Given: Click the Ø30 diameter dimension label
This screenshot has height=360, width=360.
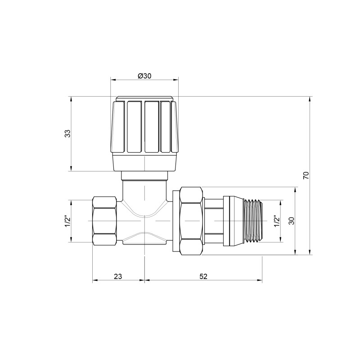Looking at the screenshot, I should pyautogui.click(x=144, y=76).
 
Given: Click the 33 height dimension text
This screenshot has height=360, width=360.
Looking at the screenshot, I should pyautogui.click(x=67, y=134).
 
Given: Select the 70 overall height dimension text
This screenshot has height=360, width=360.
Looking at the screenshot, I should pyautogui.click(x=306, y=175).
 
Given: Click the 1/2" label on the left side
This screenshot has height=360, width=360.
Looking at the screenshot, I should pyautogui.click(x=67, y=221).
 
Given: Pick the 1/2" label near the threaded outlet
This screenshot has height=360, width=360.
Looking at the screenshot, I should pyautogui.click(x=276, y=221).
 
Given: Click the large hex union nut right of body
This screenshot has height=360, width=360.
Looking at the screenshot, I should pyautogui.click(x=191, y=221).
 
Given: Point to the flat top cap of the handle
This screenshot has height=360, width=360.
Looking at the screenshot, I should pyautogui.click(x=144, y=98).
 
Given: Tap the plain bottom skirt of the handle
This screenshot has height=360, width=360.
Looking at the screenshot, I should pyautogui.click(x=144, y=162).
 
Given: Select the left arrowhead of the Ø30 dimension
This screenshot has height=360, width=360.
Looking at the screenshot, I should pyautogui.click(x=113, y=81).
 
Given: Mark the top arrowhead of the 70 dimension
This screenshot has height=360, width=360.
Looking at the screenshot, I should pyautogui.click(x=310, y=99).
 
